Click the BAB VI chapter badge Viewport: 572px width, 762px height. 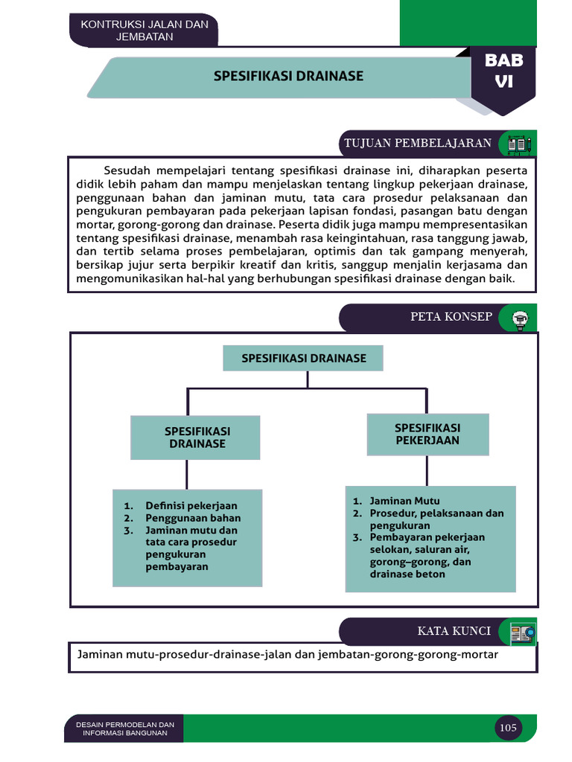pyautogui.click(x=503, y=72)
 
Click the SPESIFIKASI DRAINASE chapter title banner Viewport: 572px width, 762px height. pyautogui.click(x=289, y=76)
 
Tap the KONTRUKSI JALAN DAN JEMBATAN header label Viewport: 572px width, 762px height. pyautogui.click(x=144, y=31)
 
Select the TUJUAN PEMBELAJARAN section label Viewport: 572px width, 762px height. pyautogui.click(x=417, y=144)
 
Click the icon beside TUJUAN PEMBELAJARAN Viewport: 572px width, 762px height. pyautogui.click(x=518, y=144)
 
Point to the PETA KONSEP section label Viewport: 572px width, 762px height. pyautogui.click(x=451, y=317)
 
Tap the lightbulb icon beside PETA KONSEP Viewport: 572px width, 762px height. pyautogui.click(x=519, y=318)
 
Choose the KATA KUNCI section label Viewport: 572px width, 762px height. pyautogui.click(x=454, y=631)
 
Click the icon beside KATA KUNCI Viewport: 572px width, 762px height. pyautogui.click(x=523, y=633)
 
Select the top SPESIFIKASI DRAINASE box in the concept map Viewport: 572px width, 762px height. pyautogui.click(x=304, y=359)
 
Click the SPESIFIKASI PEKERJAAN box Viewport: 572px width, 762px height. pyautogui.click(x=428, y=434)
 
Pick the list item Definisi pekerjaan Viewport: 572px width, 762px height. pyautogui.click(x=191, y=506)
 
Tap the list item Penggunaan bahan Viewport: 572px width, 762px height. pyautogui.click(x=193, y=518)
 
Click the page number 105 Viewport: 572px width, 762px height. pyautogui.click(x=508, y=728)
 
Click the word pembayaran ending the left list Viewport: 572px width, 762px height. pyautogui.click(x=177, y=566)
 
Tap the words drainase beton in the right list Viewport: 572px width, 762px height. pyautogui.click(x=407, y=574)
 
